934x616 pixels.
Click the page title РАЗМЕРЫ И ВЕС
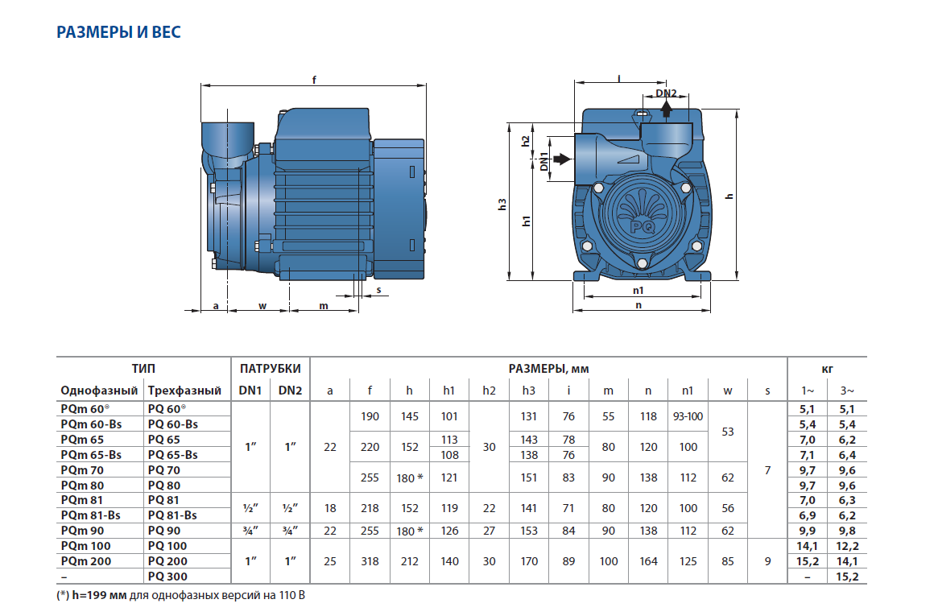click(118, 32)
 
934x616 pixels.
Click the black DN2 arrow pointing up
click(666, 109)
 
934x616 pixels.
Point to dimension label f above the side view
click(313, 79)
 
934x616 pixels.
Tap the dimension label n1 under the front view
click(639, 290)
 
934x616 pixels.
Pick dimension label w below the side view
click(262, 306)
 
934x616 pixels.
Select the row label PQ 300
click(167, 577)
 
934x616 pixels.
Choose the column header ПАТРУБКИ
click(270, 369)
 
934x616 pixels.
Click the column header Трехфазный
click(184, 391)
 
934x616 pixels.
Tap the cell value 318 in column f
click(370, 561)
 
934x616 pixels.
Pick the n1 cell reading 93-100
click(688, 417)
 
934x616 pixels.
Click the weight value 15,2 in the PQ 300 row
click(848, 577)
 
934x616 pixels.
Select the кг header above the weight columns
click(828, 369)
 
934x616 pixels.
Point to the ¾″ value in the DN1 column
click(250, 531)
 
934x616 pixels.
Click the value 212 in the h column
click(409, 561)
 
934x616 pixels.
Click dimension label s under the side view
click(378, 290)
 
